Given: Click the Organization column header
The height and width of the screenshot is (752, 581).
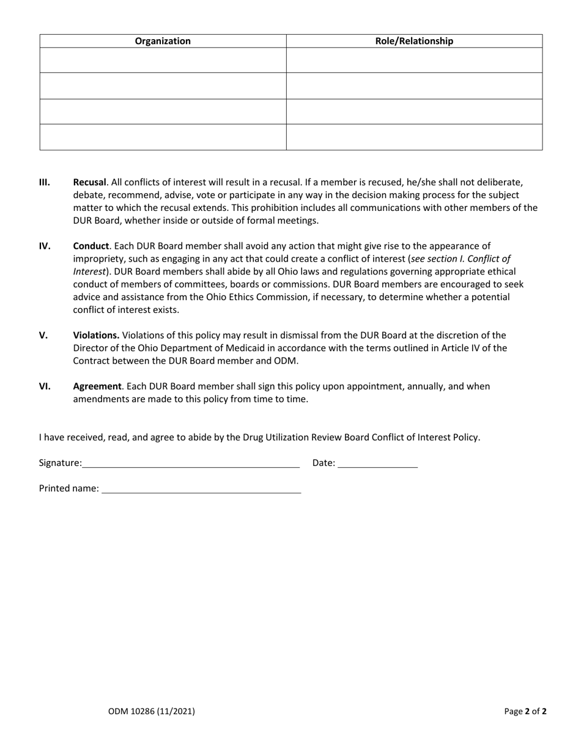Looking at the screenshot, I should [x=163, y=41].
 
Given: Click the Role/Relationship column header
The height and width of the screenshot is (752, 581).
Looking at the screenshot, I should [x=414, y=41].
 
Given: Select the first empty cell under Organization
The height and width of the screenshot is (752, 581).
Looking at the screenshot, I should [x=163, y=60].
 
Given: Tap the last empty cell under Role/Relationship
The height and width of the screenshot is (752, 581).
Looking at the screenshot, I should [x=414, y=137].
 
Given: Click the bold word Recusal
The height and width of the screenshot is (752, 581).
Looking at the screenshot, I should [x=89, y=182].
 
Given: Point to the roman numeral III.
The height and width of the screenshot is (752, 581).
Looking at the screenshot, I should [x=45, y=182].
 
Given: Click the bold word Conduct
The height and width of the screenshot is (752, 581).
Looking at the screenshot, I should [x=91, y=246].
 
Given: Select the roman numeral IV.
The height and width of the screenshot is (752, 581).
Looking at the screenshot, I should [x=45, y=246].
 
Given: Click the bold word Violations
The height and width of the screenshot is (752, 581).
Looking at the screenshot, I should [x=96, y=335].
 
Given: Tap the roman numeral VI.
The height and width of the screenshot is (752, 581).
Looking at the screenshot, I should [x=45, y=386].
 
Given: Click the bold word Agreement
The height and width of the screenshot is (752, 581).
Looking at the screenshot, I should [x=97, y=386].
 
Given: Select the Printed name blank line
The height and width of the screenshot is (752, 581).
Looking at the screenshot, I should [x=201, y=490].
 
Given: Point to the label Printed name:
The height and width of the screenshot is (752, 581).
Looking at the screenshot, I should [x=68, y=488].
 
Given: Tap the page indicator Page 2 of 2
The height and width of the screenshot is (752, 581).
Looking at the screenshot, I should [x=525, y=711].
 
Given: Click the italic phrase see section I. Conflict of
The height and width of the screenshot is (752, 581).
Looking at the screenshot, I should [x=461, y=259].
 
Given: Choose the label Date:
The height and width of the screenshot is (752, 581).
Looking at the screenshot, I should [x=324, y=463].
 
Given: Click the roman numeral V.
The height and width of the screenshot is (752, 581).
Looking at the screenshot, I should [x=43, y=335].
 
